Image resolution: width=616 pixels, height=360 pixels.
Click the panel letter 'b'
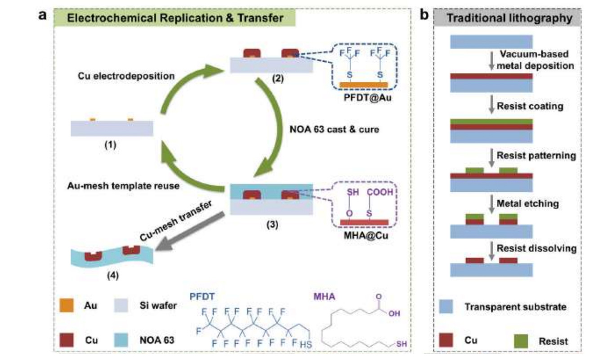point(424,16)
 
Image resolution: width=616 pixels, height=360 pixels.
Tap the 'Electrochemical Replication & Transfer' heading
point(175,18)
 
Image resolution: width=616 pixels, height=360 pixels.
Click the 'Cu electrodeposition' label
point(120,76)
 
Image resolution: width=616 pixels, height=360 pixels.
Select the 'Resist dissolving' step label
point(536,248)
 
